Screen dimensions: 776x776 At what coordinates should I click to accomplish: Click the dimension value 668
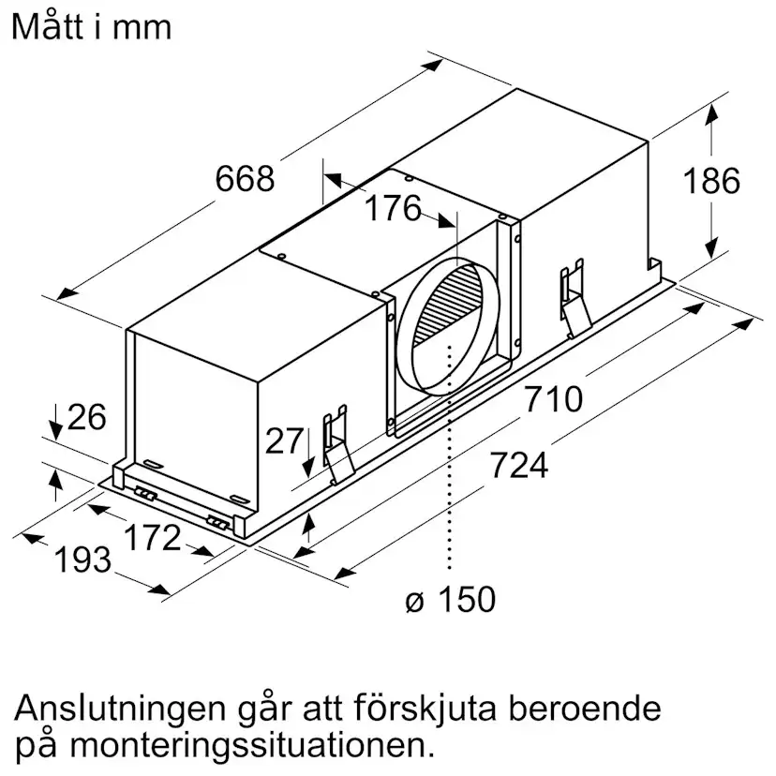(245, 178)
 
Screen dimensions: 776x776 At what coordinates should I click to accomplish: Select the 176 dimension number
(393, 208)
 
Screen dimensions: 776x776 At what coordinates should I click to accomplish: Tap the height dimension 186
(711, 180)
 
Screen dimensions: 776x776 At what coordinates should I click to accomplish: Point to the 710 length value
(553, 399)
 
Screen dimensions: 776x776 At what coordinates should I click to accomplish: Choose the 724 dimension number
(519, 465)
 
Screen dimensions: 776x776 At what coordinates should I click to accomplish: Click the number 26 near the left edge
(86, 417)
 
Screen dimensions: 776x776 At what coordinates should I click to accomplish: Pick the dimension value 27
(284, 440)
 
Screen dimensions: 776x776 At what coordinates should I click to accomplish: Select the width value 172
(152, 537)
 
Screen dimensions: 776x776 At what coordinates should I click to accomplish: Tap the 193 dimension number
(82, 560)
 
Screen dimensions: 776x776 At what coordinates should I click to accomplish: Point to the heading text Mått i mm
(92, 26)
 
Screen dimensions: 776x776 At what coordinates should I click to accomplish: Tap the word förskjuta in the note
(425, 708)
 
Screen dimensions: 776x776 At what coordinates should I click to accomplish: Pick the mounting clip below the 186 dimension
(575, 298)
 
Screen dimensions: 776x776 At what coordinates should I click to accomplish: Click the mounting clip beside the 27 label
(338, 444)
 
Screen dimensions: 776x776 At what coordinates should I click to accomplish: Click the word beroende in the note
(585, 708)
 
